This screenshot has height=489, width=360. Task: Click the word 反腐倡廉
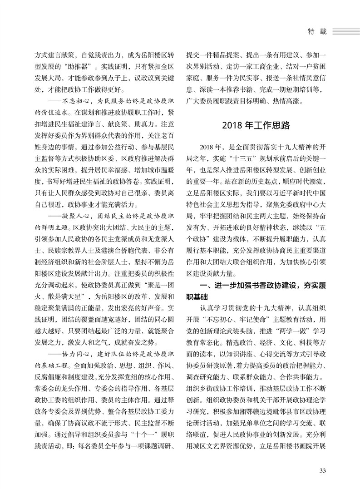[48, 377]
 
